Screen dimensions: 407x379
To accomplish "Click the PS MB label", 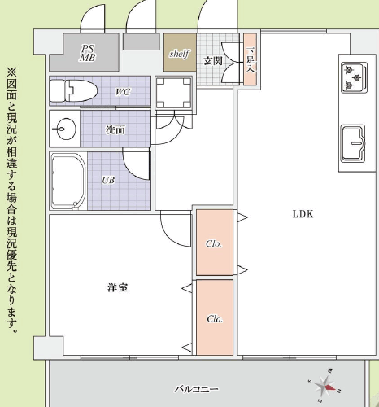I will coord(87,53).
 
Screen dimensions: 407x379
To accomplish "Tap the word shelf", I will coord(178,54).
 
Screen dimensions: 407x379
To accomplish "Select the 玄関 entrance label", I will coord(213,61).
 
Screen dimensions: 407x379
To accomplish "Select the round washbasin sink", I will coord(65,128).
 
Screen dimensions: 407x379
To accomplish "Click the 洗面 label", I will coord(115,129).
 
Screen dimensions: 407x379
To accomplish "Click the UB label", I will coord(107,181).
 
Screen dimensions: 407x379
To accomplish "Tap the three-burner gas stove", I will coord(352,77).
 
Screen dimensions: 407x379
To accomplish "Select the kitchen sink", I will coord(353,143).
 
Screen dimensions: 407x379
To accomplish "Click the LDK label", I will coord(303,214).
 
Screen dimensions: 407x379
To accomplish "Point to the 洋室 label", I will coord(117,288).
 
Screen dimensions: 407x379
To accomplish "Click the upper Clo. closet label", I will coord(214,243).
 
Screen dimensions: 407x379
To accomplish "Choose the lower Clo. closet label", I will coord(214,318).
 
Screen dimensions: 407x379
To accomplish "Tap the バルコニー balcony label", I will coord(196,390).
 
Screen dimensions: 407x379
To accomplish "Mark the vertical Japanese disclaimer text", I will coord(11,199).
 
